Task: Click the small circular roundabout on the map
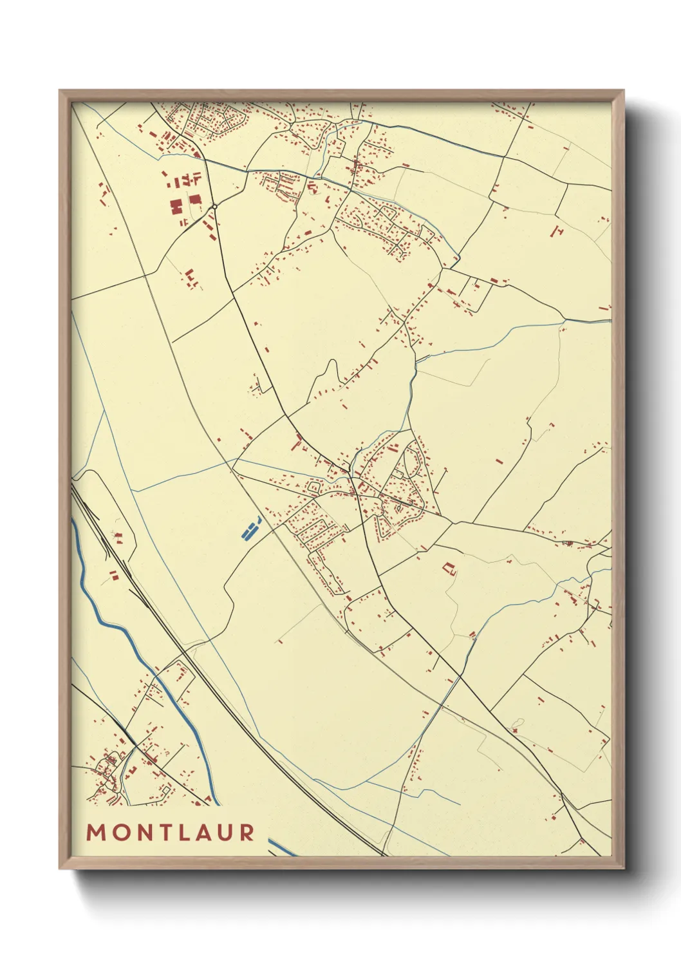pyautogui.click(x=214, y=207)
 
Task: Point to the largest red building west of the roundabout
pyautogui.click(x=176, y=207)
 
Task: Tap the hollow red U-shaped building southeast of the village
pyautogui.click(x=449, y=569)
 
